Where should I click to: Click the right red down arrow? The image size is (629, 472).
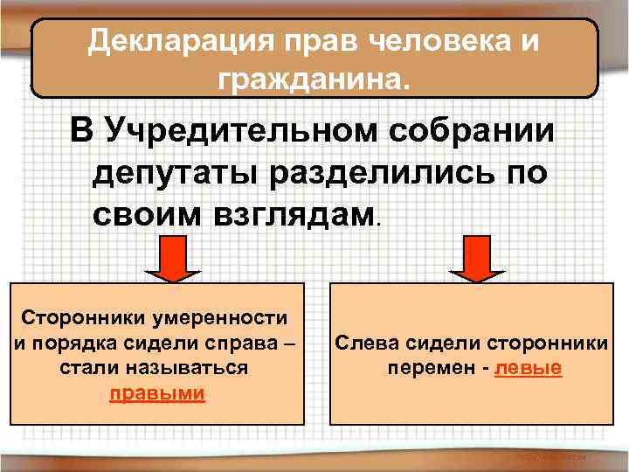tap(476, 260)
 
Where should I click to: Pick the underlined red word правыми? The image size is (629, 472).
tap(157, 392)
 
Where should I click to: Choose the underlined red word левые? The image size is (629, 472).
tap(528, 368)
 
